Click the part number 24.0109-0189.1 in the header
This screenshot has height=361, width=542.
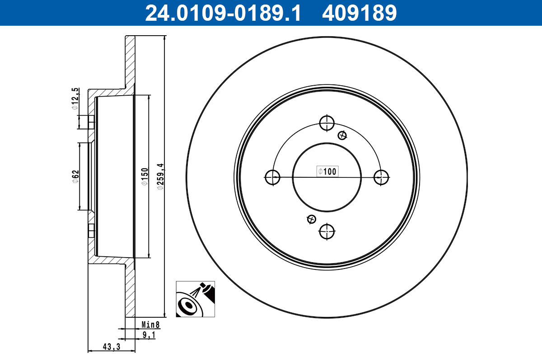(223, 13)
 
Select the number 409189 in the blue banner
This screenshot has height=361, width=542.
(360, 13)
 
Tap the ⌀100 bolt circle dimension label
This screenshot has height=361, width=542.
(327, 171)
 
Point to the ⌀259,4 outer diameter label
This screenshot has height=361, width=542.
(160, 177)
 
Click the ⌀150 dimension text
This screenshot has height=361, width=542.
(145, 177)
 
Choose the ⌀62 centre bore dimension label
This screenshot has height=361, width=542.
(75, 177)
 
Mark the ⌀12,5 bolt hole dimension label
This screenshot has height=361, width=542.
(75, 99)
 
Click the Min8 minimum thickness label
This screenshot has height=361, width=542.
(150, 324)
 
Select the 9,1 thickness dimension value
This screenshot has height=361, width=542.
(149, 335)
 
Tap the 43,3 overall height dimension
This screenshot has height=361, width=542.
(111, 347)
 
